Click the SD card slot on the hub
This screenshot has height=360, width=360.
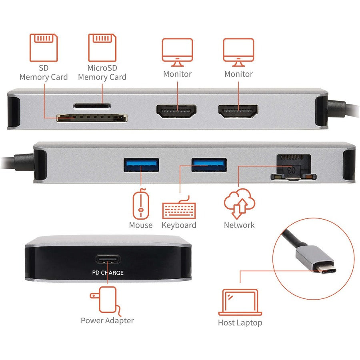tap(92, 118)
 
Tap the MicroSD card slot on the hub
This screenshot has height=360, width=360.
tap(92, 106)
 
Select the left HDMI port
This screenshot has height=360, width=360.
tap(177, 110)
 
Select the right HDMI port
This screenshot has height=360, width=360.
tap(238, 110)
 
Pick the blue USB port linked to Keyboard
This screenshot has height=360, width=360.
tap(209, 164)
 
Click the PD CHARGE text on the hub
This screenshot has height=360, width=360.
tap(108, 273)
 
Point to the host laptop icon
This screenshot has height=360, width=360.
tap(240, 302)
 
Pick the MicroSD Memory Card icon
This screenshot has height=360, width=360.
tap(102, 47)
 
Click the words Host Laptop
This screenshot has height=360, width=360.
tap(240, 322)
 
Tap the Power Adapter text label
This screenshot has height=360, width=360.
tap(107, 320)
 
